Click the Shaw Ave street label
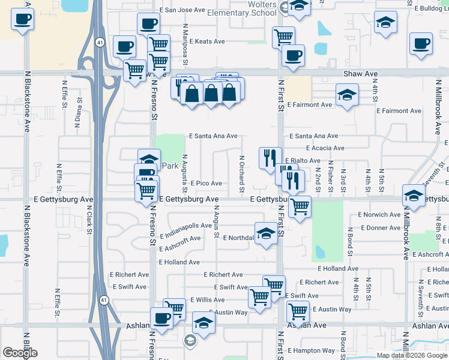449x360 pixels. point(360,74)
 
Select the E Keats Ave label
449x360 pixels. point(207,41)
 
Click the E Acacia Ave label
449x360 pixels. point(325,148)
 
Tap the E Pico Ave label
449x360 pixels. point(206,183)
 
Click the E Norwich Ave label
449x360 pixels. point(379,214)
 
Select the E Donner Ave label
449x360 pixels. point(379,228)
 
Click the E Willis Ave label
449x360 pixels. point(207,299)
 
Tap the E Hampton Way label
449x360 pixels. point(311,350)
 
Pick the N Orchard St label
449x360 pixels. point(241,174)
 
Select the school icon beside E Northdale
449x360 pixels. point(266,235)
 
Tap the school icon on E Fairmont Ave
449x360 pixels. point(347,95)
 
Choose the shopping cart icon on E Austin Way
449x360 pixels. point(298,311)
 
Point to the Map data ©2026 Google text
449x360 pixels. point(412,355)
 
